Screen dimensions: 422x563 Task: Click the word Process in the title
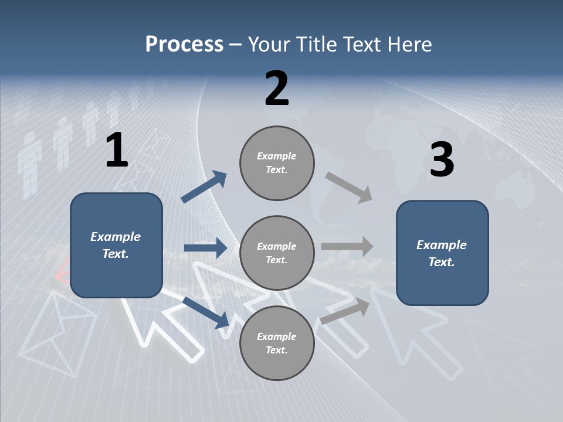click(x=184, y=44)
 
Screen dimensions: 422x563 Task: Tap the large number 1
click(x=117, y=151)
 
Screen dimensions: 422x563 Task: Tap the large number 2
click(x=277, y=89)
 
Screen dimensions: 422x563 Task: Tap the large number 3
click(x=442, y=160)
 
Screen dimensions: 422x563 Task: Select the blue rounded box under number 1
click(x=116, y=245)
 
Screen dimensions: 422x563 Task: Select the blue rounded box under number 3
click(x=442, y=253)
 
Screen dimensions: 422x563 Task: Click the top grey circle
click(x=277, y=162)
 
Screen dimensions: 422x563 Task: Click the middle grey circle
click(x=277, y=253)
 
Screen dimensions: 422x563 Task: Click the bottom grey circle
click(x=277, y=343)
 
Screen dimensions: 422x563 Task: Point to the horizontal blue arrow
click(x=205, y=248)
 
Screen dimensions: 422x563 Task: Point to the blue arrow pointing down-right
click(x=206, y=312)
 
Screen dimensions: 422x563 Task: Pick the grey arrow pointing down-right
click(x=349, y=187)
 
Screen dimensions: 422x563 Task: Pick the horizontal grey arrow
click(x=347, y=247)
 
